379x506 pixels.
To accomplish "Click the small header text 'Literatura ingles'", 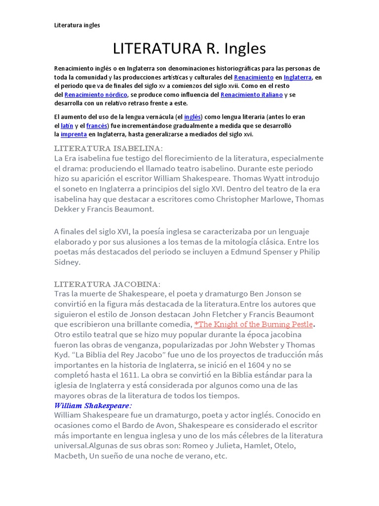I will [77, 25].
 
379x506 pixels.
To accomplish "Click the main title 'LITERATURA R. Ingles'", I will [189, 48].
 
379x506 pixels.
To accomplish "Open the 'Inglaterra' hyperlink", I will [298, 78].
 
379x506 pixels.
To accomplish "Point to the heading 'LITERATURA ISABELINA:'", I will [108, 148].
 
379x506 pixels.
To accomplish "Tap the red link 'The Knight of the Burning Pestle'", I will [255, 324].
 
